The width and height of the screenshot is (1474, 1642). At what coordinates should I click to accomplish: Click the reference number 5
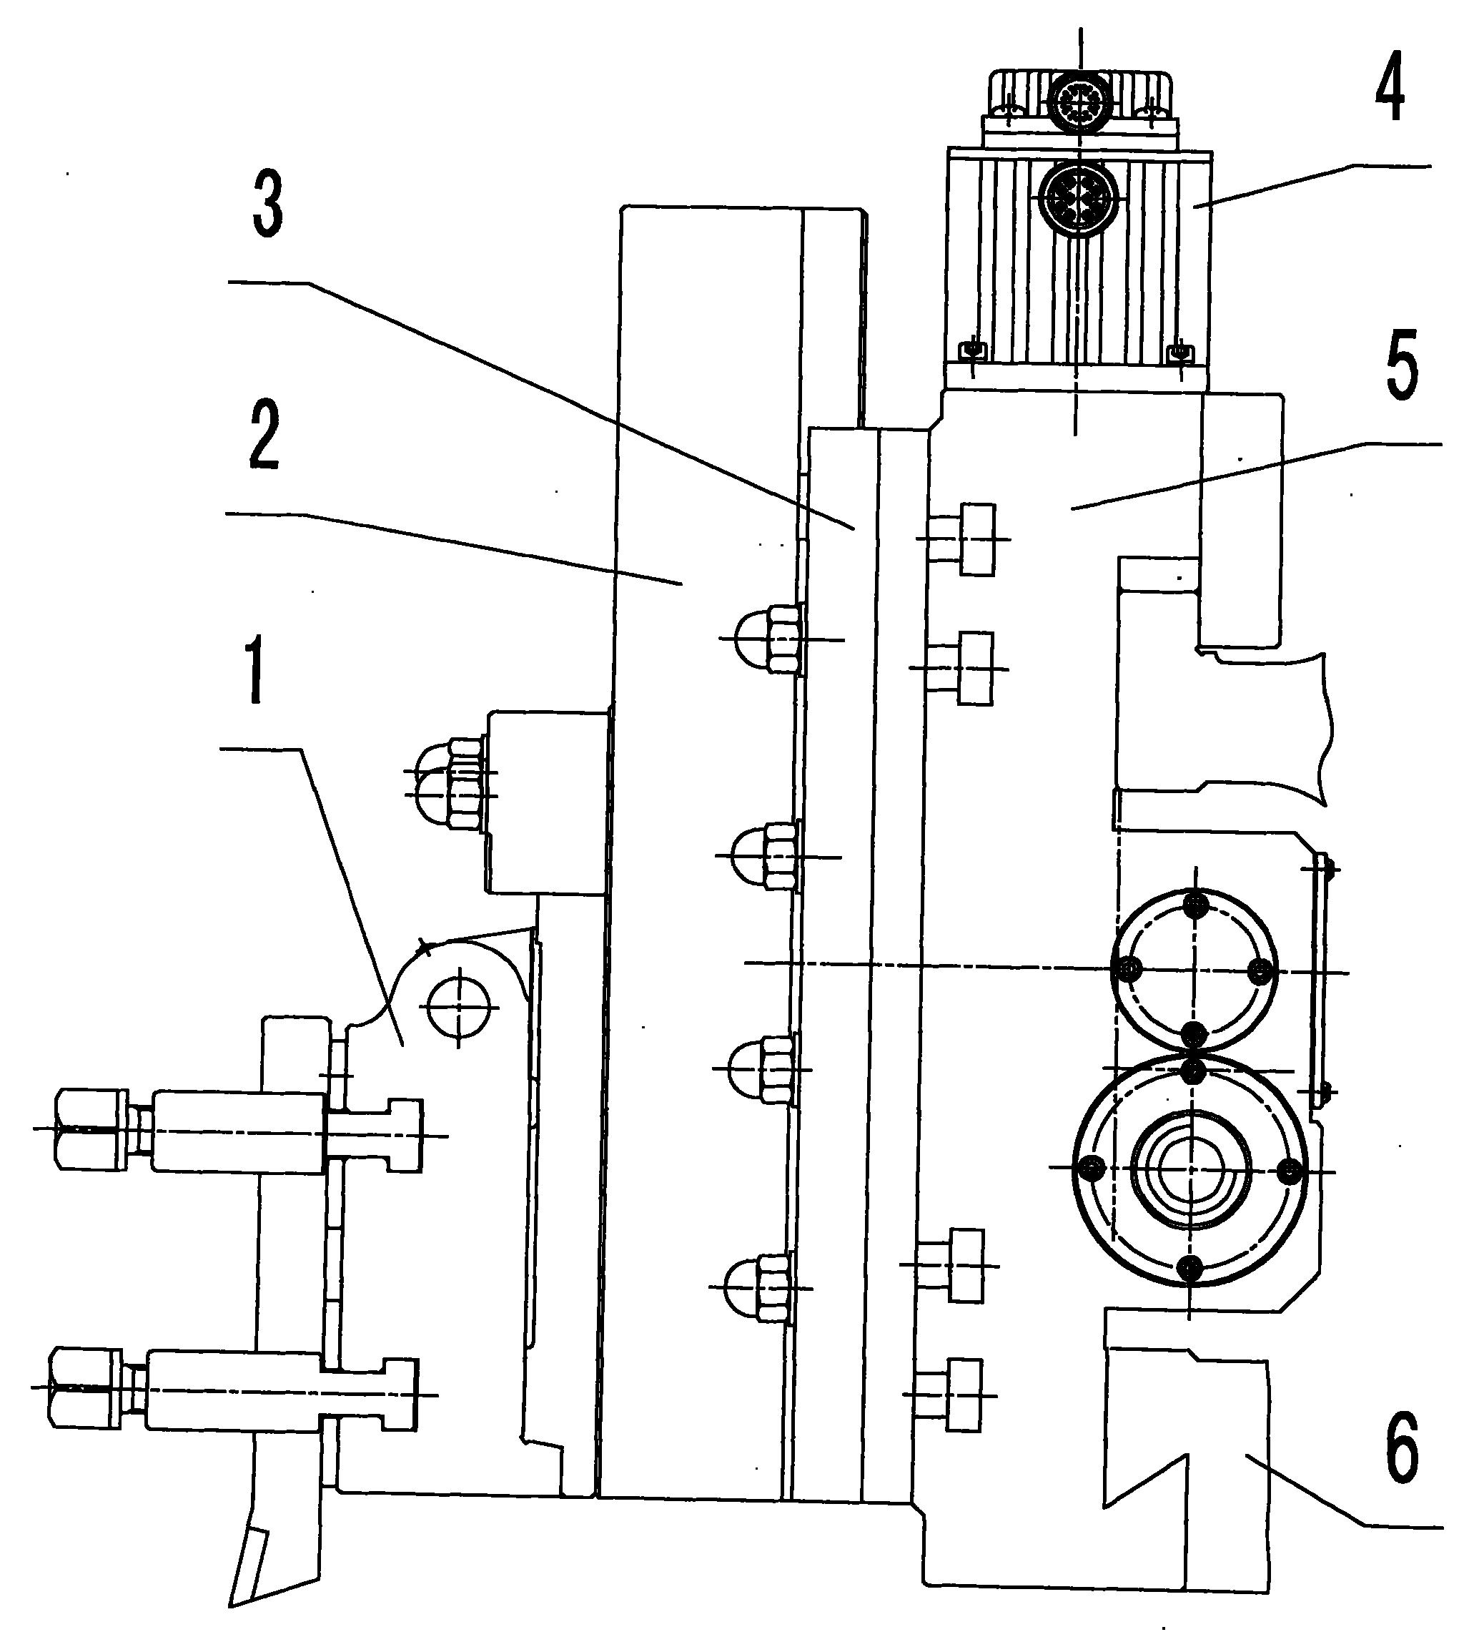(x=1401, y=365)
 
